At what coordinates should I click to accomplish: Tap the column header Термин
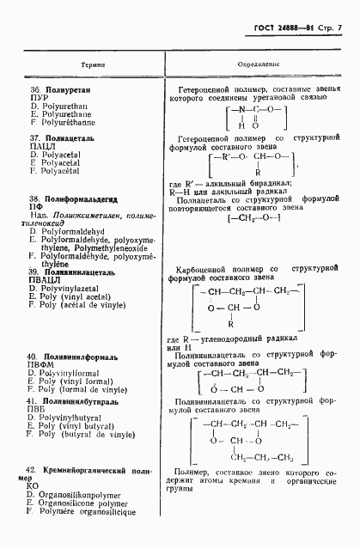point(93,64)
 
